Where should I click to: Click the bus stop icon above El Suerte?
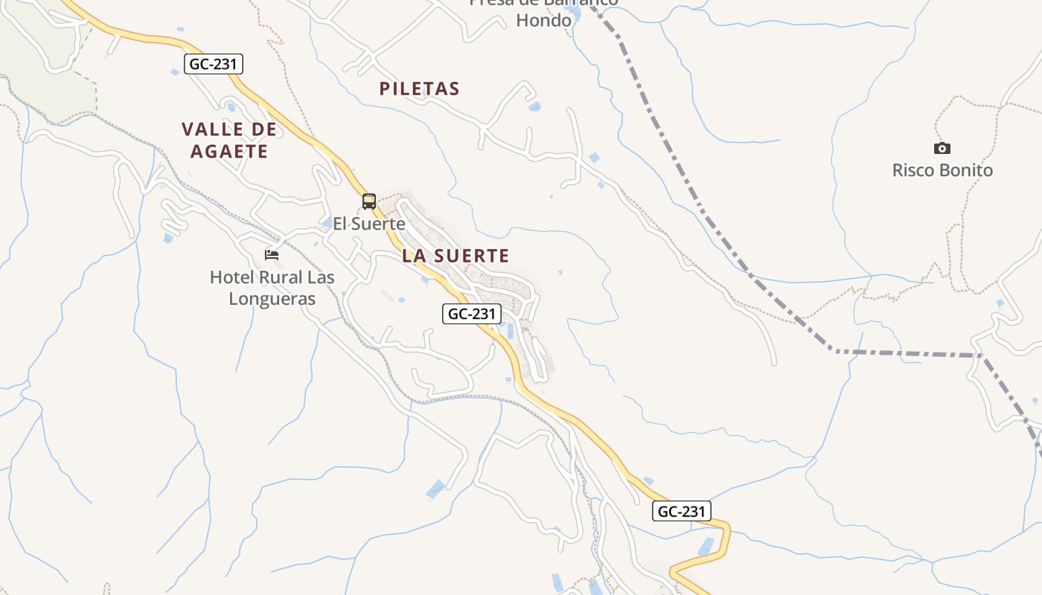368,201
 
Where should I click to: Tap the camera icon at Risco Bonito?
942,148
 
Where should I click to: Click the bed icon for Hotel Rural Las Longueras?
272,255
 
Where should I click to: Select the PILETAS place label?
420,89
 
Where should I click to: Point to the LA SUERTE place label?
456,256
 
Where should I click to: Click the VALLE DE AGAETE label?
229,141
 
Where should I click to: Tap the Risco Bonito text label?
942,170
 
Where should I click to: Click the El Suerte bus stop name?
368,224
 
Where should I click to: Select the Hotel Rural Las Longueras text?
272,289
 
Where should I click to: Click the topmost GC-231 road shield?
214,64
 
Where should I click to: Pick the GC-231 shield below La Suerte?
472,314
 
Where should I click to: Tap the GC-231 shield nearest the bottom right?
682,512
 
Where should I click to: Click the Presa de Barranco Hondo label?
544,10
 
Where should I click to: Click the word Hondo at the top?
544,20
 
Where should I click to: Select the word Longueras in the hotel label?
272,300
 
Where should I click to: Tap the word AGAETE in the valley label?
229,152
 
